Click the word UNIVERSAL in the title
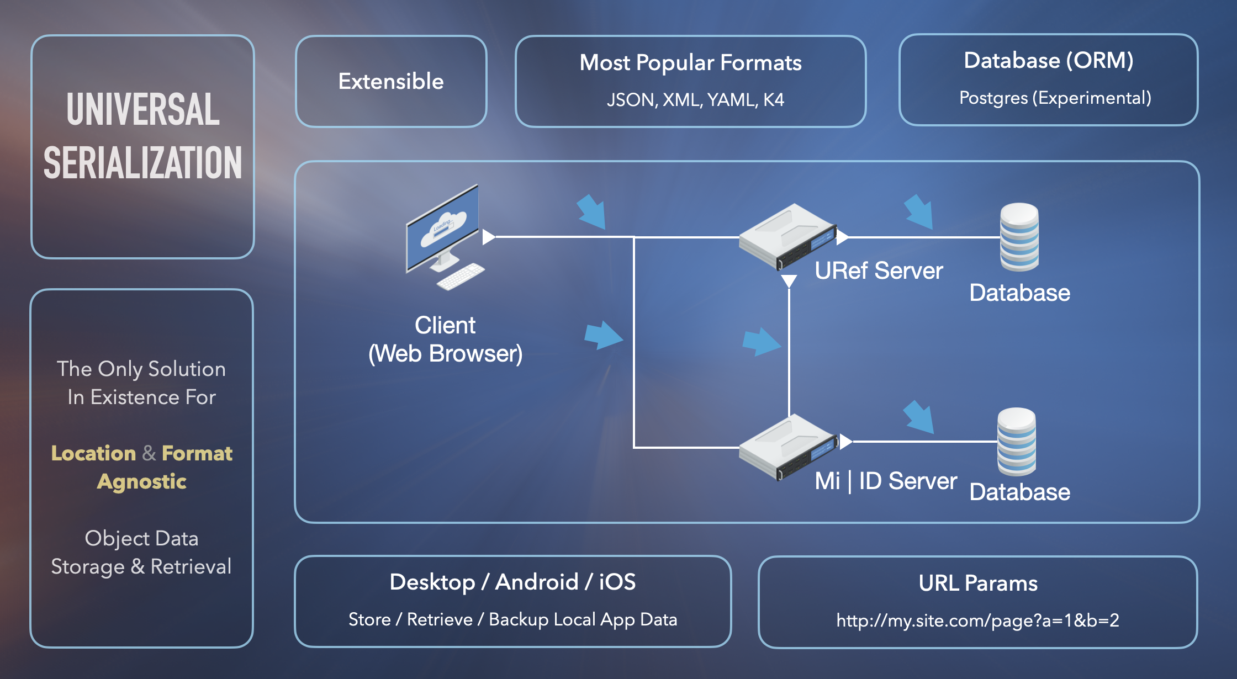(143, 109)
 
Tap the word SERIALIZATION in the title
(143, 163)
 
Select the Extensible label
(391, 81)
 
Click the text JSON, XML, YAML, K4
(695, 100)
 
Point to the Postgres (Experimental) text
(1055, 98)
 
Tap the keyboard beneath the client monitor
(460, 276)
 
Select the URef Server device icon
(787, 236)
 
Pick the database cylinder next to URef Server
(1019, 237)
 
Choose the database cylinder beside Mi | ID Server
(1017, 442)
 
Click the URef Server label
(879, 271)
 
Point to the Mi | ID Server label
(886, 481)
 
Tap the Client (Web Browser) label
(445, 339)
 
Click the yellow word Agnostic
(142, 481)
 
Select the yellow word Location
(93, 453)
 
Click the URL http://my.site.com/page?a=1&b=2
(977, 620)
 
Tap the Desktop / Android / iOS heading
(512, 582)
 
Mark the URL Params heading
(978, 583)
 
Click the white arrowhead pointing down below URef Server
(789, 281)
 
